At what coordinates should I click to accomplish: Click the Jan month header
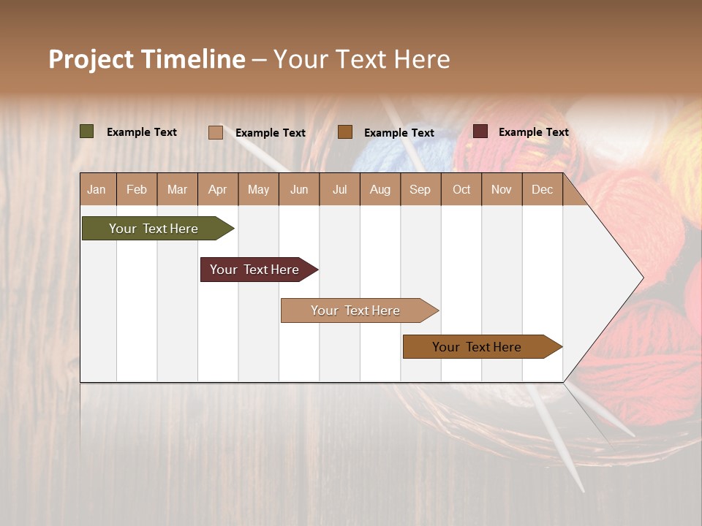pyautogui.click(x=97, y=189)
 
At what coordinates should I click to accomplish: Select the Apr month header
pyautogui.click(x=217, y=189)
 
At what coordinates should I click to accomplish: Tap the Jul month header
pyautogui.click(x=339, y=189)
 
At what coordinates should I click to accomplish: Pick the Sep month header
pyautogui.click(x=420, y=189)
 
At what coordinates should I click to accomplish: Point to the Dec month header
pyautogui.click(x=542, y=189)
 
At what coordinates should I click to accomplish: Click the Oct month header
pyautogui.click(x=461, y=189)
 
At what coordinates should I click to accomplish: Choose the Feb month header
pyautogui.click(x=137, y=189)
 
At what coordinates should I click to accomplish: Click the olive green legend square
pyautogui.click(x=87, y=131)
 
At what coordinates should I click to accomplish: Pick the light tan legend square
pyautogui.click(x=216, y=132)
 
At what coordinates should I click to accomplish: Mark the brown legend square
pyautogui.click(x=345, y=131)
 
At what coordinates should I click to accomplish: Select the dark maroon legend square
pyautogui.click(x=480, y=131)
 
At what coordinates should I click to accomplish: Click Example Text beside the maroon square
pyautogui.click(x=533, y=132)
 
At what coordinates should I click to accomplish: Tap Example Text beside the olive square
pyautogui.click(x=141, y=132)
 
